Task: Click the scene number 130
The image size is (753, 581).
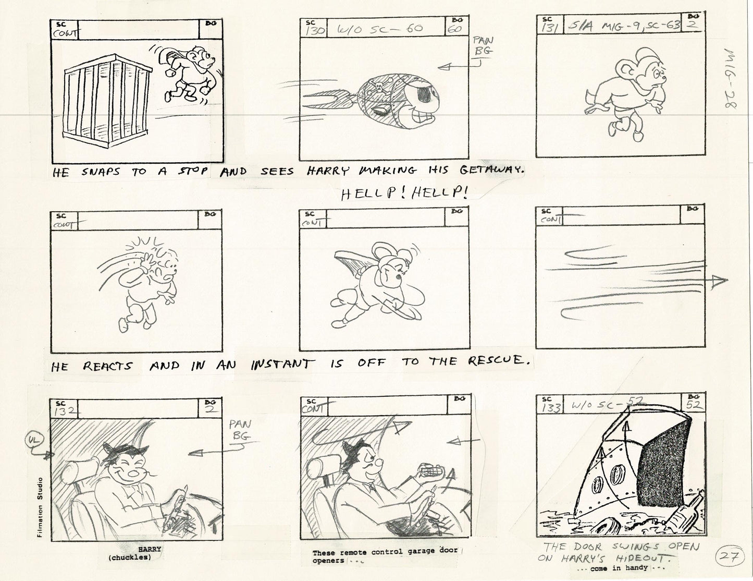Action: point(315,31)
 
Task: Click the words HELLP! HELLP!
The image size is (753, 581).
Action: point(404,193)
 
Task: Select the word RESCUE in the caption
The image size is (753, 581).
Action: point(495,360)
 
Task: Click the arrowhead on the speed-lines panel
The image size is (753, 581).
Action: point(720,281)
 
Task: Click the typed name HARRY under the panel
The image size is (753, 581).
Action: point(150,549)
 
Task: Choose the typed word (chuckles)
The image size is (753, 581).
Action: point(130,558)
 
